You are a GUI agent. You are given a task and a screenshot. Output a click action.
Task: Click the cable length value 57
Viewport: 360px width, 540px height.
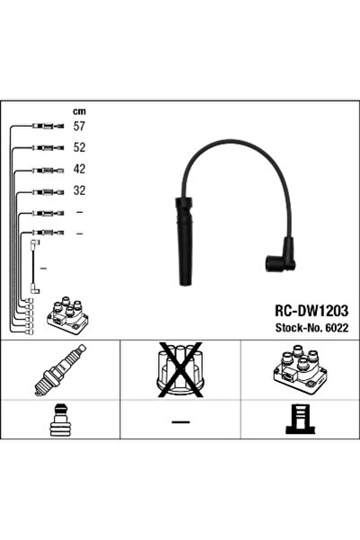click(78, 128)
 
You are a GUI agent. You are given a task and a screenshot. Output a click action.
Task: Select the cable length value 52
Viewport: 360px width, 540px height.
click(78, 148)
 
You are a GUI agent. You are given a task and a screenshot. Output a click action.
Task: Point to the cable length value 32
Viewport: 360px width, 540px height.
click(78, 190)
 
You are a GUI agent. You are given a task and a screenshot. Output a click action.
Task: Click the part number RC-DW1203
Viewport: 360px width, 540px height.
click(303, 305)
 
